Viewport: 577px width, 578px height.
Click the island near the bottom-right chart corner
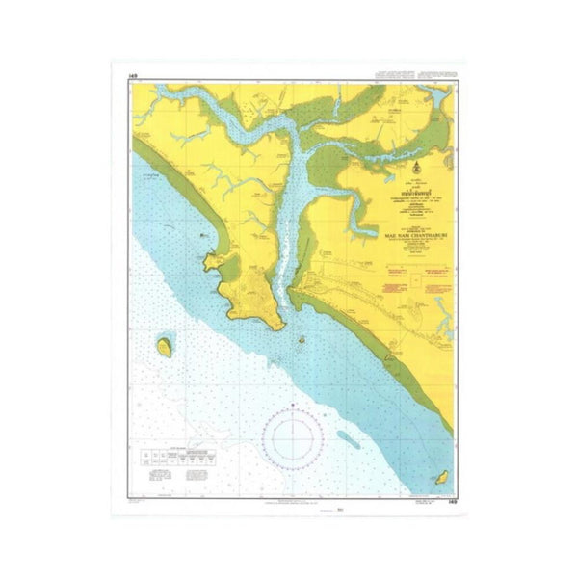444,477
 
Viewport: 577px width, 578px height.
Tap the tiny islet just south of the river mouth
302,339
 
